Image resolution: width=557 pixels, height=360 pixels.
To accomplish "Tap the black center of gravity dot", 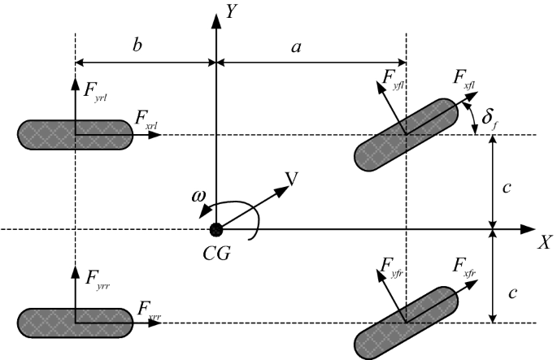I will click(215, 230).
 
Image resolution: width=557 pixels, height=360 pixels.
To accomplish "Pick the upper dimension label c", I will click(508, 188).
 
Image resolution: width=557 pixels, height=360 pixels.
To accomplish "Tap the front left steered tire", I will click(407, 135).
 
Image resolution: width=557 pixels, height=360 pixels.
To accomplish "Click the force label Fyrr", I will click(96, 278).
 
